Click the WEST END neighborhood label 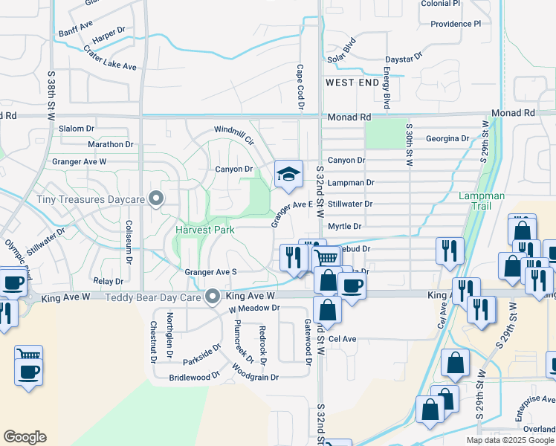(352, 83)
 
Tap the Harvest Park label (205, 230)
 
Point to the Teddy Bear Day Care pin (213, 297)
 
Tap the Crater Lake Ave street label (110, 58)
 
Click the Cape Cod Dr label (301, 87)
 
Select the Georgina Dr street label (447, 138)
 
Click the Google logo (25, 437)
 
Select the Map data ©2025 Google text (510, 440)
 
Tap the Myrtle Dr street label (344, 226)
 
